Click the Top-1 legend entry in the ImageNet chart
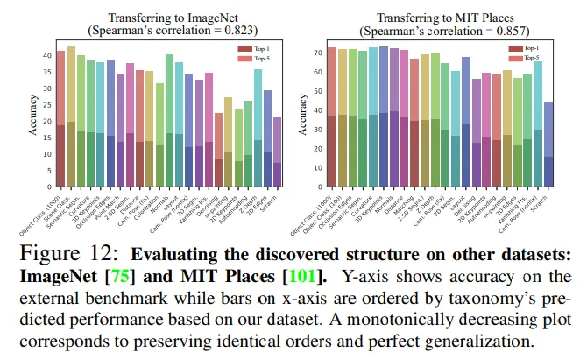[x=258, y=47]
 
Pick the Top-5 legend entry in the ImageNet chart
[x=258, y=59]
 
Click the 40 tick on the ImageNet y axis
[x=48, y=55]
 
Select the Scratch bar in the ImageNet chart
[x=277, y=153]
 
